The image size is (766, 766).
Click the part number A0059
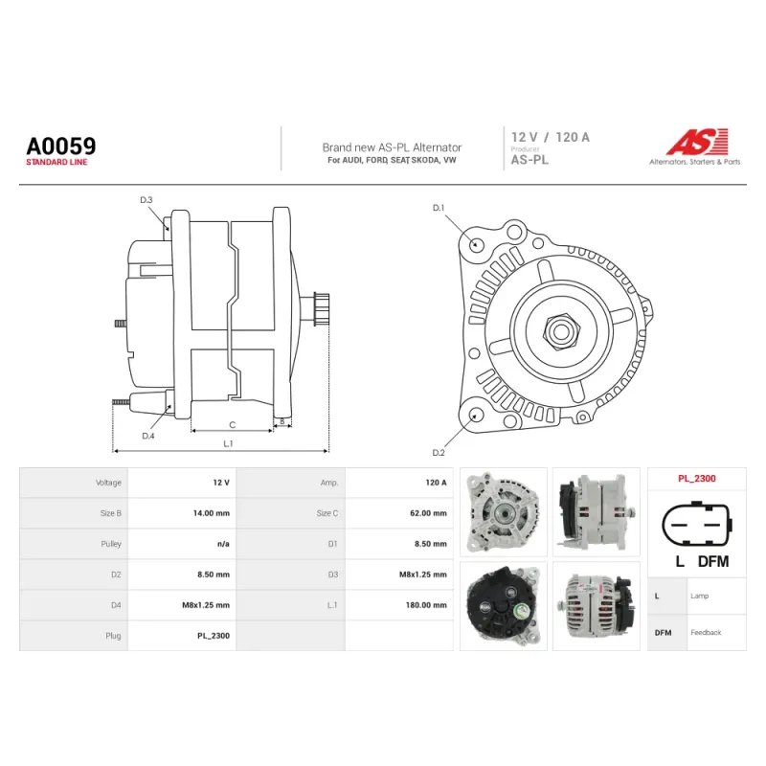(x=61, y=146)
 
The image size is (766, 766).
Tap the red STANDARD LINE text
(x=56, y=162)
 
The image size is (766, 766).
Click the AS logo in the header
(x=698, y=142)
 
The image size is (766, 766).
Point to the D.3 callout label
(x=146, y=200)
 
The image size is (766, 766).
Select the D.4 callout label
(x=148, y=436)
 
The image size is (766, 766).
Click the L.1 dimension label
(x=228, y=443)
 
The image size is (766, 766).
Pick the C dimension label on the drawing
(x=232, y=425)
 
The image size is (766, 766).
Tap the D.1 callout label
(x=439, y=208)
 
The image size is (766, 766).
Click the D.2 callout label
(x=439, y=453)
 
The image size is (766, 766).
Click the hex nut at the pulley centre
(x=561, y=331)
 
